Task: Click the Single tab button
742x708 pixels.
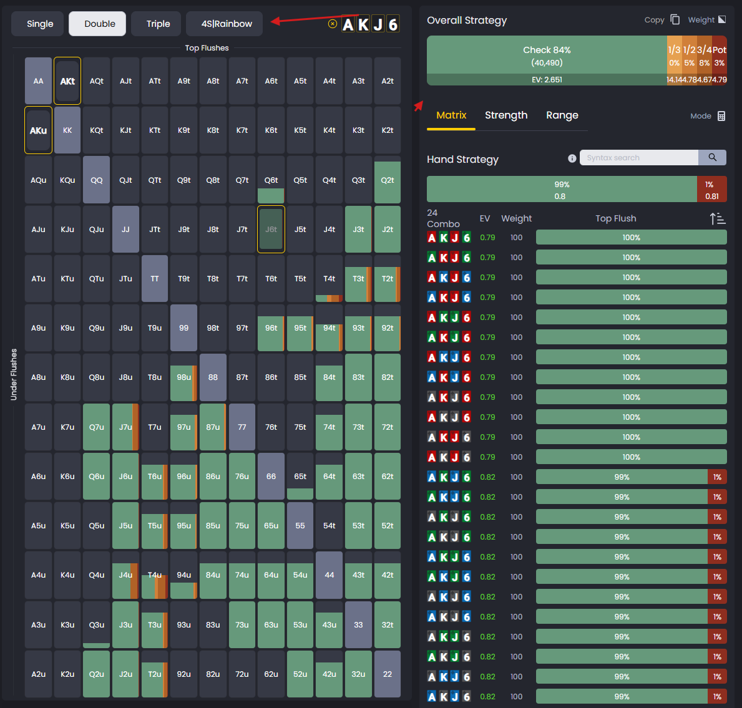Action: pyautogui.click(x=40, y=24)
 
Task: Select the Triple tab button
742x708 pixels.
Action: pyautogui.click(x=158, y=24)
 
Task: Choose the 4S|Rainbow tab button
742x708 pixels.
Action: pyautogui.click(x=227, y=24)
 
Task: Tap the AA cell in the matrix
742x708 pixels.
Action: pyautogui.click(x=38, y=81)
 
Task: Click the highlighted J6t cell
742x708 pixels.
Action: pyautogui.click(x=271, y=230)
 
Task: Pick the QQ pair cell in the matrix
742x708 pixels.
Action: pyautogui.click(x=97, y=180)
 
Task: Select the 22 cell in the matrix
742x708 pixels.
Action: pyautogui.click(x=388, y=674)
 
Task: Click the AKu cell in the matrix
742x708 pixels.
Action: pyautogui.click(x=38, y=130)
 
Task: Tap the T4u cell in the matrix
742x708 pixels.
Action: pyautogui.click(x=155, y=575)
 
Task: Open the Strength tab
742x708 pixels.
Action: pyautogui.click(x=506, y=115)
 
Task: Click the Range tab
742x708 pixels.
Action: pyautogui.click(x=562, y=115)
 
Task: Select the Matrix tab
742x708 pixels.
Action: pyautogui.click(x=451, y=115)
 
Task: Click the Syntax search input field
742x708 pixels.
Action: pyautogui.click(x=638, y=158)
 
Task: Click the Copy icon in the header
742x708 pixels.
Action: pyautogui.click(x=675, y=19)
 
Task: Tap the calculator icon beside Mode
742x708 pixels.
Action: pyautogui.click(x=721, y=116)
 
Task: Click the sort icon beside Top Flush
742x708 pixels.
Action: pyautogui.click(x=718, y=218)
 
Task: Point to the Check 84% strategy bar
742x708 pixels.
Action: pyautogui.click(x=547, y=56)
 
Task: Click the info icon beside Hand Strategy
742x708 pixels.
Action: pyautogui.click(x=572, y=158)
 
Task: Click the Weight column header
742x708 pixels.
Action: pyautogui.click(x=517, y=218)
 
